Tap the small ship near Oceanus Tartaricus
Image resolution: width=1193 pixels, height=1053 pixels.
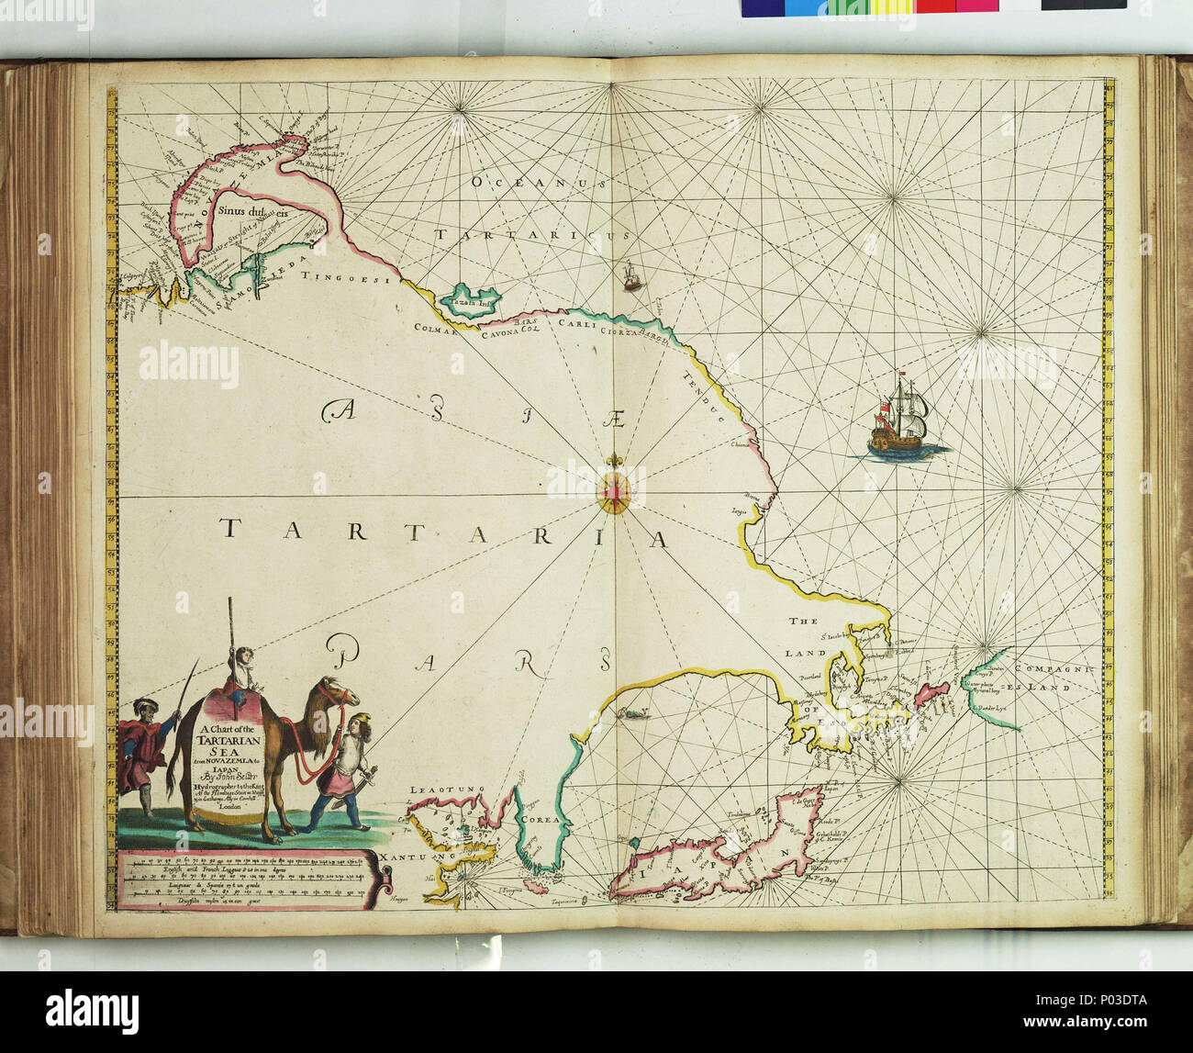pyautogui.click(x=630, y=275)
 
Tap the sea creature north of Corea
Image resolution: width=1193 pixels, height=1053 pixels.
pyautogui.click(x=630, y=713)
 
